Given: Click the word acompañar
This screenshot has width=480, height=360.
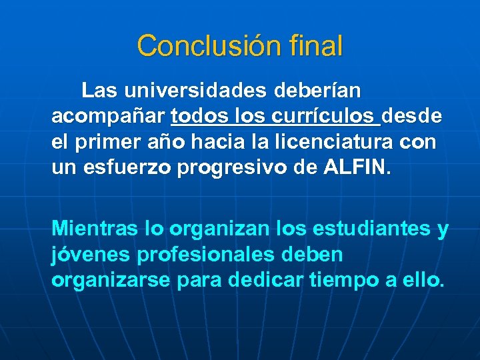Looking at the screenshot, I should point(108,116).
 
